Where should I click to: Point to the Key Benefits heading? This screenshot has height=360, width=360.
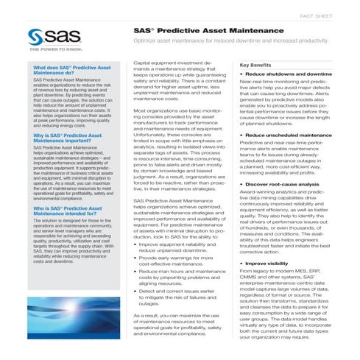click(256, 66)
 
